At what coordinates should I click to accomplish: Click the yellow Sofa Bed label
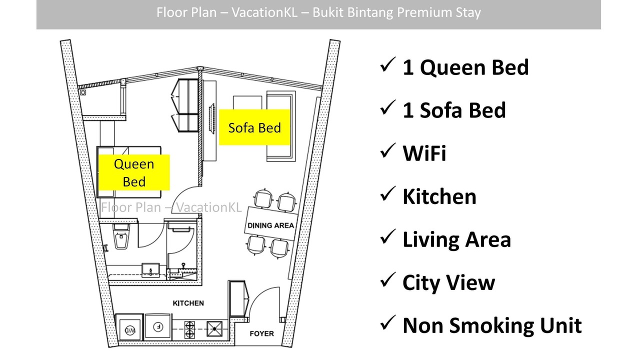[254, 127]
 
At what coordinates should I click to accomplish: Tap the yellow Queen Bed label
[134, 172]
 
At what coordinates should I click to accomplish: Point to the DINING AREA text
[270, 225]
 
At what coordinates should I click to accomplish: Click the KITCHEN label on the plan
[188, 303]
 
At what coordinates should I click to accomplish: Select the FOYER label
[261, 333]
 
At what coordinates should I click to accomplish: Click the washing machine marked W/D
[130, 330]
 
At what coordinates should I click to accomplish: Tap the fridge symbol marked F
[158, 326]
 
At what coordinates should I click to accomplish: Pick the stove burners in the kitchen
[189, 329]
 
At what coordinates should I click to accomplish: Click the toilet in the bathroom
[121, 236]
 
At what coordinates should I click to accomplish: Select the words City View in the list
[448, 282]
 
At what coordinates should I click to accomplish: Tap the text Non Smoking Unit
[492, 325]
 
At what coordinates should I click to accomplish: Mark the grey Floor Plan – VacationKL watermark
[171, 207]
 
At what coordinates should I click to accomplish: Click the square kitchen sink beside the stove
[214, 329]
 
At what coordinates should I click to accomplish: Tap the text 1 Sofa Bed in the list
[454, 110]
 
